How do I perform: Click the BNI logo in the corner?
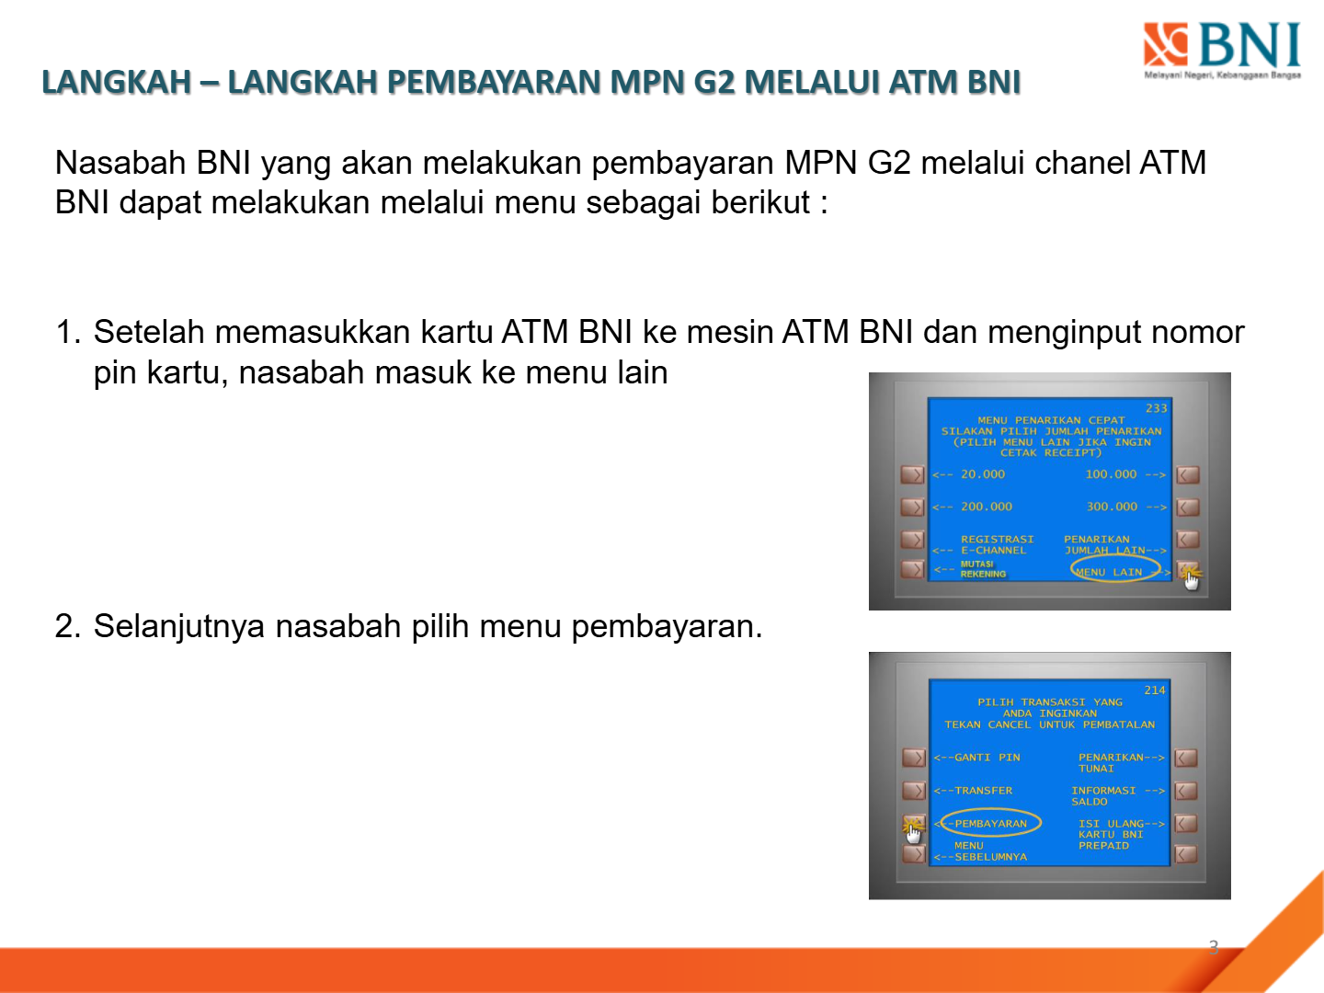pyautogui.click(x=1221, y=51)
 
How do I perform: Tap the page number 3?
pyautogui.click(x=1214, y=947)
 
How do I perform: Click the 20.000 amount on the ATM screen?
pyautogui.click(x=983, y=474)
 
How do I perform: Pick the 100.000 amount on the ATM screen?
pyautogui.click(x=1111, y=474)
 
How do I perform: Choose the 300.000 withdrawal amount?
pyautogui.click(x=1112, y=507)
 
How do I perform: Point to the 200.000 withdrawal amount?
pyautogui.click(x=987, y=507)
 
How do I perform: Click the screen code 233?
pyautogui.click(x=1156, y=408)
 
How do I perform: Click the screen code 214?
pyautogui.click(x=1155, y=691)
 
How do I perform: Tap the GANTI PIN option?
pyautogui.click(x=987, y=758)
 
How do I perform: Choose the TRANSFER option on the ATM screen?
pyautogui.click(x=983, y=791)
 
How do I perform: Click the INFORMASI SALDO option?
pyautogui.click(x=1103, y=796)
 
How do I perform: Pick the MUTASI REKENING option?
pyautogui.click(x=983, y=568)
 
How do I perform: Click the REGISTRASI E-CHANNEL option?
pyautogui.click(x=997, y=544)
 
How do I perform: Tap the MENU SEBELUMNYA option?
pyautogui.click(x=990, y=850)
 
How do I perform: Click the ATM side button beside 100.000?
pyautogui.click(x=1188, y=475)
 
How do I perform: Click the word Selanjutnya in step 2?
pyautogui.click(x=179, y=626)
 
